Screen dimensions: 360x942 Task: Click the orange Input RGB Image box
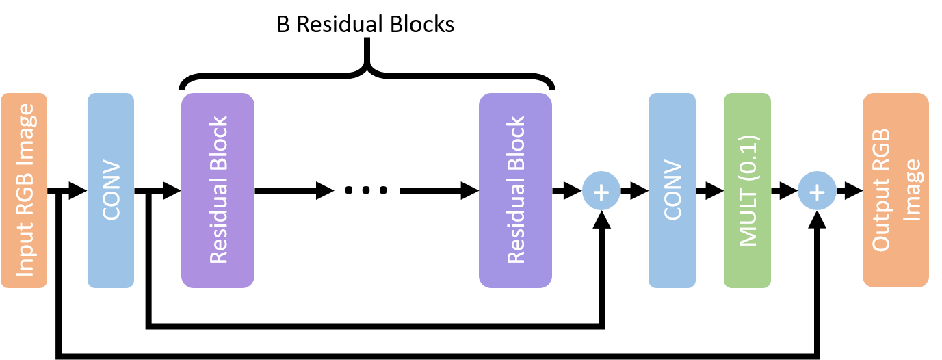click(x=24, y=190)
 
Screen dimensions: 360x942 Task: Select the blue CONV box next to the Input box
click(x=111, y=190)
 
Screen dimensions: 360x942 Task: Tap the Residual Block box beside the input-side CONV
click(x=218, y=190)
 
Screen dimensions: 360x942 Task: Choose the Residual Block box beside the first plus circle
click(x=515, y=190)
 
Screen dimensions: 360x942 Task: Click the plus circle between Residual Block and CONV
click(x=601, y=191)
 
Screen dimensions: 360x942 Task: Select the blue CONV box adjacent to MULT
click(x=672, y=190)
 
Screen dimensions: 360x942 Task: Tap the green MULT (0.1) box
click(x=747, y=190)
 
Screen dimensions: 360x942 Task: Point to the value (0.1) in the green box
click(x=748, y=147)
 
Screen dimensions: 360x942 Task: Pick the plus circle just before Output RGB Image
click(x=817, y=191)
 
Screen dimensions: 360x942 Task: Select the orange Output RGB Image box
click(x=895, y=190)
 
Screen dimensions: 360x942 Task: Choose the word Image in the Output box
click(x=913, y=190)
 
